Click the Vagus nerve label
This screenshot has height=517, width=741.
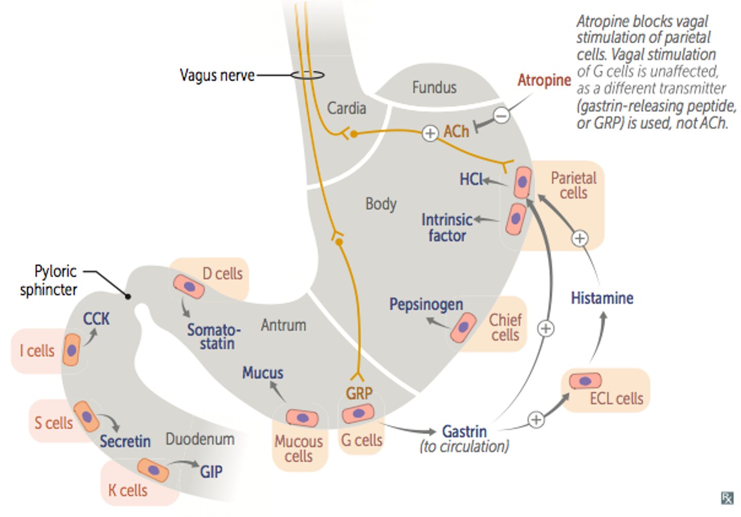[x=217, y=76]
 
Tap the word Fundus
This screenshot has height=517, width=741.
[x=434, y=87]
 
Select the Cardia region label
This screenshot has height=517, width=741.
[x=346, y=108]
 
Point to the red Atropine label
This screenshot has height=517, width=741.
[x=544, y=80]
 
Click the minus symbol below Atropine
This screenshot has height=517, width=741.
[x=502, y=115]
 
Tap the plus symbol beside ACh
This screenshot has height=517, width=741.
[x=430, y=134]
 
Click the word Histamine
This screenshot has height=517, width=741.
[x=602, y=298]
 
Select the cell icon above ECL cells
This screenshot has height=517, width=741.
[x=586, y=381]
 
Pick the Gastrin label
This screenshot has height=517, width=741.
[x=465, y=432]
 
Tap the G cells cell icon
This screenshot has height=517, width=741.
[x=358, y=413]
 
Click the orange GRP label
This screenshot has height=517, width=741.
[x=359, y=394]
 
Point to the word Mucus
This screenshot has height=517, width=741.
[x=262, y=373]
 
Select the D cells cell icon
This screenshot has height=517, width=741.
[x=189, y=286]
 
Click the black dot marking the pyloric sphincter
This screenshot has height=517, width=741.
[x=128, y=297]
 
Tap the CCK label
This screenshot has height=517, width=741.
[x=96, y=319]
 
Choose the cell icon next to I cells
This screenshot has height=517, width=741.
[x=72, y=350]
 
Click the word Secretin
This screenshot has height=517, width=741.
[x=125, y=441]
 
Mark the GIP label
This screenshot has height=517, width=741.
[x=211, y=471]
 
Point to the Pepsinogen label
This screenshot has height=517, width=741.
[x=426, y=304]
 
